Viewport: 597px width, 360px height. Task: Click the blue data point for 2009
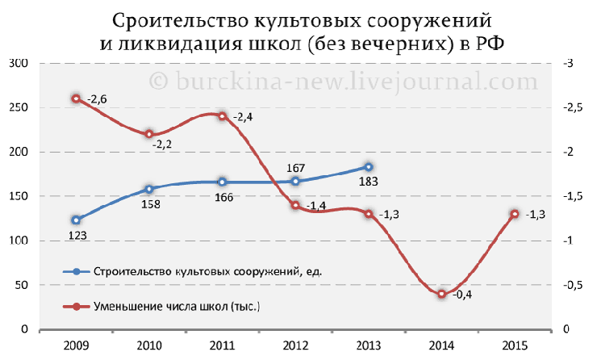tap(76, 220)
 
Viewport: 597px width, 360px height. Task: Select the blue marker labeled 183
tap(369, 168)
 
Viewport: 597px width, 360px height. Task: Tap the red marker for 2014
tap(441, 294)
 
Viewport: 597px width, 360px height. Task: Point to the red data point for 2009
tap(76, 98)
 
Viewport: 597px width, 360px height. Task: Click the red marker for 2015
tap(514, 214)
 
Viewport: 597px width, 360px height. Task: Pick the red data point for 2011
tap(222, 115)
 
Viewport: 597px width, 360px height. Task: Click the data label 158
tap(151, 203)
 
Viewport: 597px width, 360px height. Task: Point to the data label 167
tap(295, 168)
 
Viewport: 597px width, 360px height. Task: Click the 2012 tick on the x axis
tap(295, 345)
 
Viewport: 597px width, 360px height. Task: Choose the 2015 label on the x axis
tap(515, 345)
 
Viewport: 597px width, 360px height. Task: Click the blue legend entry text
tap(208, 271)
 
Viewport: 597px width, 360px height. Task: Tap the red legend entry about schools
tap(177, 307)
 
